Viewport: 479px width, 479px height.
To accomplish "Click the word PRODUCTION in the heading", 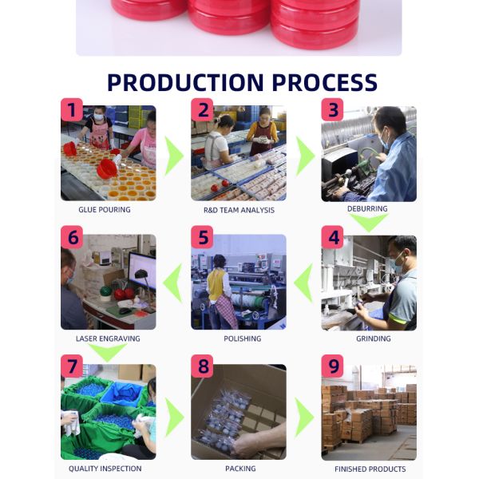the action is click(185, 82).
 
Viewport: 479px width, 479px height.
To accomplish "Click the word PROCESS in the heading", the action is click(325, 82).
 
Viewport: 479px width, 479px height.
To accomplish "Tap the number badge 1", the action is click(72, 109).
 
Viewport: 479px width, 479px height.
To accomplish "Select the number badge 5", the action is click(202, 237).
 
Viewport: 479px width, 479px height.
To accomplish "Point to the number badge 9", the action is click(332, 366).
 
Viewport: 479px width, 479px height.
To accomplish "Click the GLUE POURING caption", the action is click(105, 209).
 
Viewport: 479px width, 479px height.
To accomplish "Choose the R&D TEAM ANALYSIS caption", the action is click(239, 210).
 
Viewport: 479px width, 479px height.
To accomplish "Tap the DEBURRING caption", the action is click(367, 208).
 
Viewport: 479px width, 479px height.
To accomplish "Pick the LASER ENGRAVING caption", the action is click(108, 338).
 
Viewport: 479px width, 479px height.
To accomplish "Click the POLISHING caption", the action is click(242, 338).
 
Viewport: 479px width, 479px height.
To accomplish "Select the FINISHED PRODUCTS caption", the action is click(370, 469).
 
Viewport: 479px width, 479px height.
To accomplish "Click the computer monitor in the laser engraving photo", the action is click(142, 271).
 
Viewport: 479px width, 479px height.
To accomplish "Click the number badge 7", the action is click(72, 366).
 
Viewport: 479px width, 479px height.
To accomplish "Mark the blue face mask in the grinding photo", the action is click(398, 263).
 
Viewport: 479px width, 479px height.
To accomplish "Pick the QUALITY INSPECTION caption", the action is click(105, 469).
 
